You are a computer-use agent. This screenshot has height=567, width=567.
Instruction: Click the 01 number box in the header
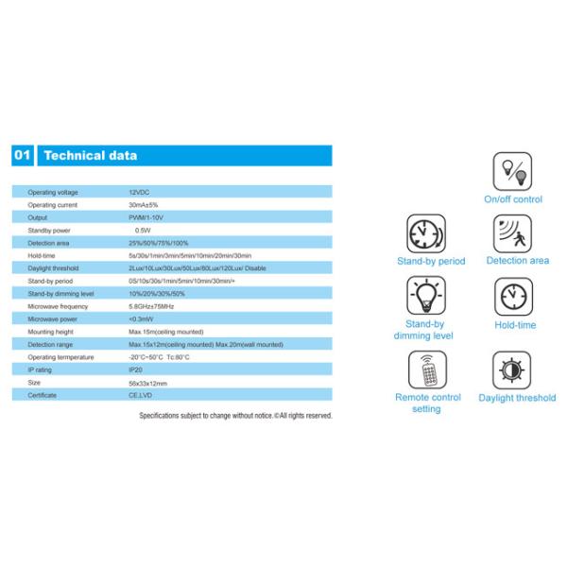coord(24,156)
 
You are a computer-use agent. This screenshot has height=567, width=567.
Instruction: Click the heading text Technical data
coord(91,156)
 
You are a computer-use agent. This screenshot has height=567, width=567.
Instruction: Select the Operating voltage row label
coord(53,192)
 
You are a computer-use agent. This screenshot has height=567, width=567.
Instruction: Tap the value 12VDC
coord(139,192)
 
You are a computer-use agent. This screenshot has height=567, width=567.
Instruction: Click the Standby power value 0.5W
coord(143,230)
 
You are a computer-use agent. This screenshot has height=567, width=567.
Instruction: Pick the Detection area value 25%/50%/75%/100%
coord(159,243)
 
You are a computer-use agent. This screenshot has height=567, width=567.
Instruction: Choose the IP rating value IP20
coord(136,370)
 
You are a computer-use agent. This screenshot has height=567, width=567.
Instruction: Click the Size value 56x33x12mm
coord(147,383)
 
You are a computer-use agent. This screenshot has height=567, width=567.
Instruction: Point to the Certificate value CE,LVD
coord(141,395)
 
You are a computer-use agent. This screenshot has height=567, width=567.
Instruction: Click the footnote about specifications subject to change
coord(235,416)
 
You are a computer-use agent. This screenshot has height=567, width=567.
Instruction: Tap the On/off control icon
coord(512,172)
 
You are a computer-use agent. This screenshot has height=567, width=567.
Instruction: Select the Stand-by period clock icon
coord(426,233)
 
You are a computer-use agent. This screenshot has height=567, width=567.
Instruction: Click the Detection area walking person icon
coord(513,233)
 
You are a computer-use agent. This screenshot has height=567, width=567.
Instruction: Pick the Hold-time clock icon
coord(514,297)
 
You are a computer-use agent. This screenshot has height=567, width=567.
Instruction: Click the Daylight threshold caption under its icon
coord(517,398)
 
